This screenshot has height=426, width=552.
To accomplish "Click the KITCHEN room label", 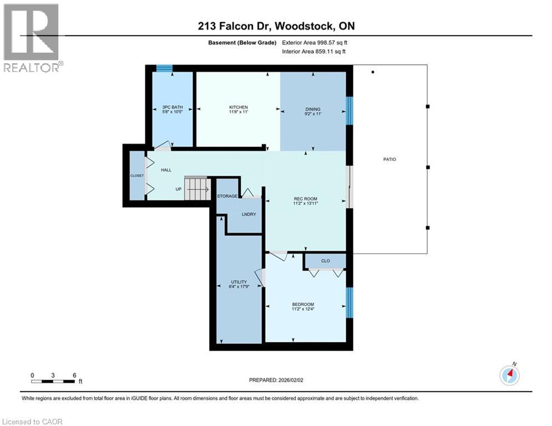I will point(239,108).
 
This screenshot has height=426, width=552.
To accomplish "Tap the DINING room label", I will point(313,109).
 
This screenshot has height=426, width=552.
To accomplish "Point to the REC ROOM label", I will point(305,199).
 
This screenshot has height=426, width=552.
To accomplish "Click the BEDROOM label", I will point(303,304).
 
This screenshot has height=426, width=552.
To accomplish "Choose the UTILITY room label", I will point(239,282).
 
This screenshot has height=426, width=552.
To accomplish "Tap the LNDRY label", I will point(249,214).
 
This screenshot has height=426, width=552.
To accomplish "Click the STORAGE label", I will point(227,196).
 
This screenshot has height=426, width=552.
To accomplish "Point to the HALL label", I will point(166,170).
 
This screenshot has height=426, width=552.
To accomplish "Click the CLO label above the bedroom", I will point(326,260).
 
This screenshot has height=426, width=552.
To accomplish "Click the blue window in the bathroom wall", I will point(164,68).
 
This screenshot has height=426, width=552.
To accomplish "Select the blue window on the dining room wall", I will point(350,111).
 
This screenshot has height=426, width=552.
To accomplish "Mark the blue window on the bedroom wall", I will point(350,302).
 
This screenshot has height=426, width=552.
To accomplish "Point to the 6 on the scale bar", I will point(74,375).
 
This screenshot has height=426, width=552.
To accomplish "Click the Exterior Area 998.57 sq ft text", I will point(315,42).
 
